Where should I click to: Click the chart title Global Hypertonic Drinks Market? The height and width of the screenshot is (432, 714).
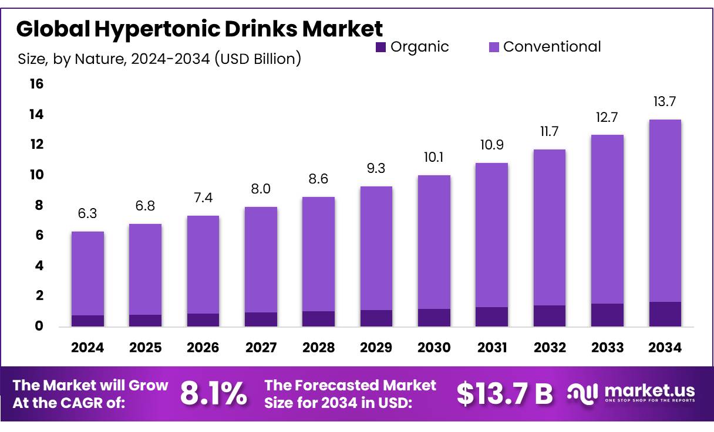pyautogui.click(x=199, y=29)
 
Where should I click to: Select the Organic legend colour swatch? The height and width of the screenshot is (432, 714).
pyautogui.click(x=380, y=47)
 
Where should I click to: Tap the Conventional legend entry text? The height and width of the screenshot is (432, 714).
pyautogui.click(x=552, y=47)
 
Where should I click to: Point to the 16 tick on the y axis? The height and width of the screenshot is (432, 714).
pyautogui.click(x=36, y=84)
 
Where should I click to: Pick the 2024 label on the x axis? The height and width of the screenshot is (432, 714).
pyautogui.click(x=87, y=348)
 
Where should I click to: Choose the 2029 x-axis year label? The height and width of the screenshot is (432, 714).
pyautogui.click(x=376, y=348)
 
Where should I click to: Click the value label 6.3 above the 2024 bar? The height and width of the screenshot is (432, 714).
pyautogui.click(x=87, y=214)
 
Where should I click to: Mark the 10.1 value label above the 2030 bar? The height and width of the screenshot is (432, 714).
pyautogui.click(x=434, y=158)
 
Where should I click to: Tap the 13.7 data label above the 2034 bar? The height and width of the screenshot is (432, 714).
pyautogui.click(x=665, y=102)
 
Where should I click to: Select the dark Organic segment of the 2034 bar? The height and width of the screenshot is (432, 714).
pyautogui.click(x=665, y=314)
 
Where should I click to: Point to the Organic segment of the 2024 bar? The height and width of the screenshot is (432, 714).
pyautogui.click(x=87, y=321)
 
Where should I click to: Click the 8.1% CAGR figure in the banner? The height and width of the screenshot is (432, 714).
pyautogui.click(x=213, y=393)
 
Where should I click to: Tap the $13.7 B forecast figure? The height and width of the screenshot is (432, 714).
pyautogui.click(x=504, y=394)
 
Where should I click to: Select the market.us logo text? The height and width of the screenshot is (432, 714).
pyautogui.click(x=649, y=390)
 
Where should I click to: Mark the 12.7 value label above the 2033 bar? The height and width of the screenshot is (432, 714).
pyautogui.click(x=607, y=117)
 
